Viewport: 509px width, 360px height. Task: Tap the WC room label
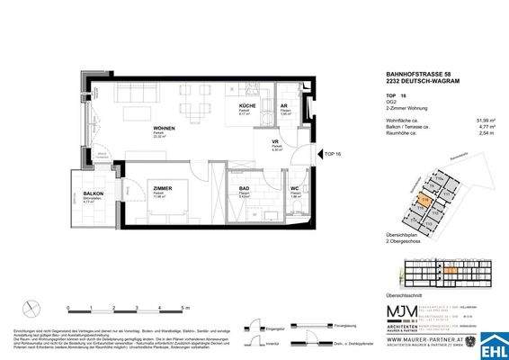(294, 188)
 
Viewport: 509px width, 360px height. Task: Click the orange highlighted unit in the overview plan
(425, 199)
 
